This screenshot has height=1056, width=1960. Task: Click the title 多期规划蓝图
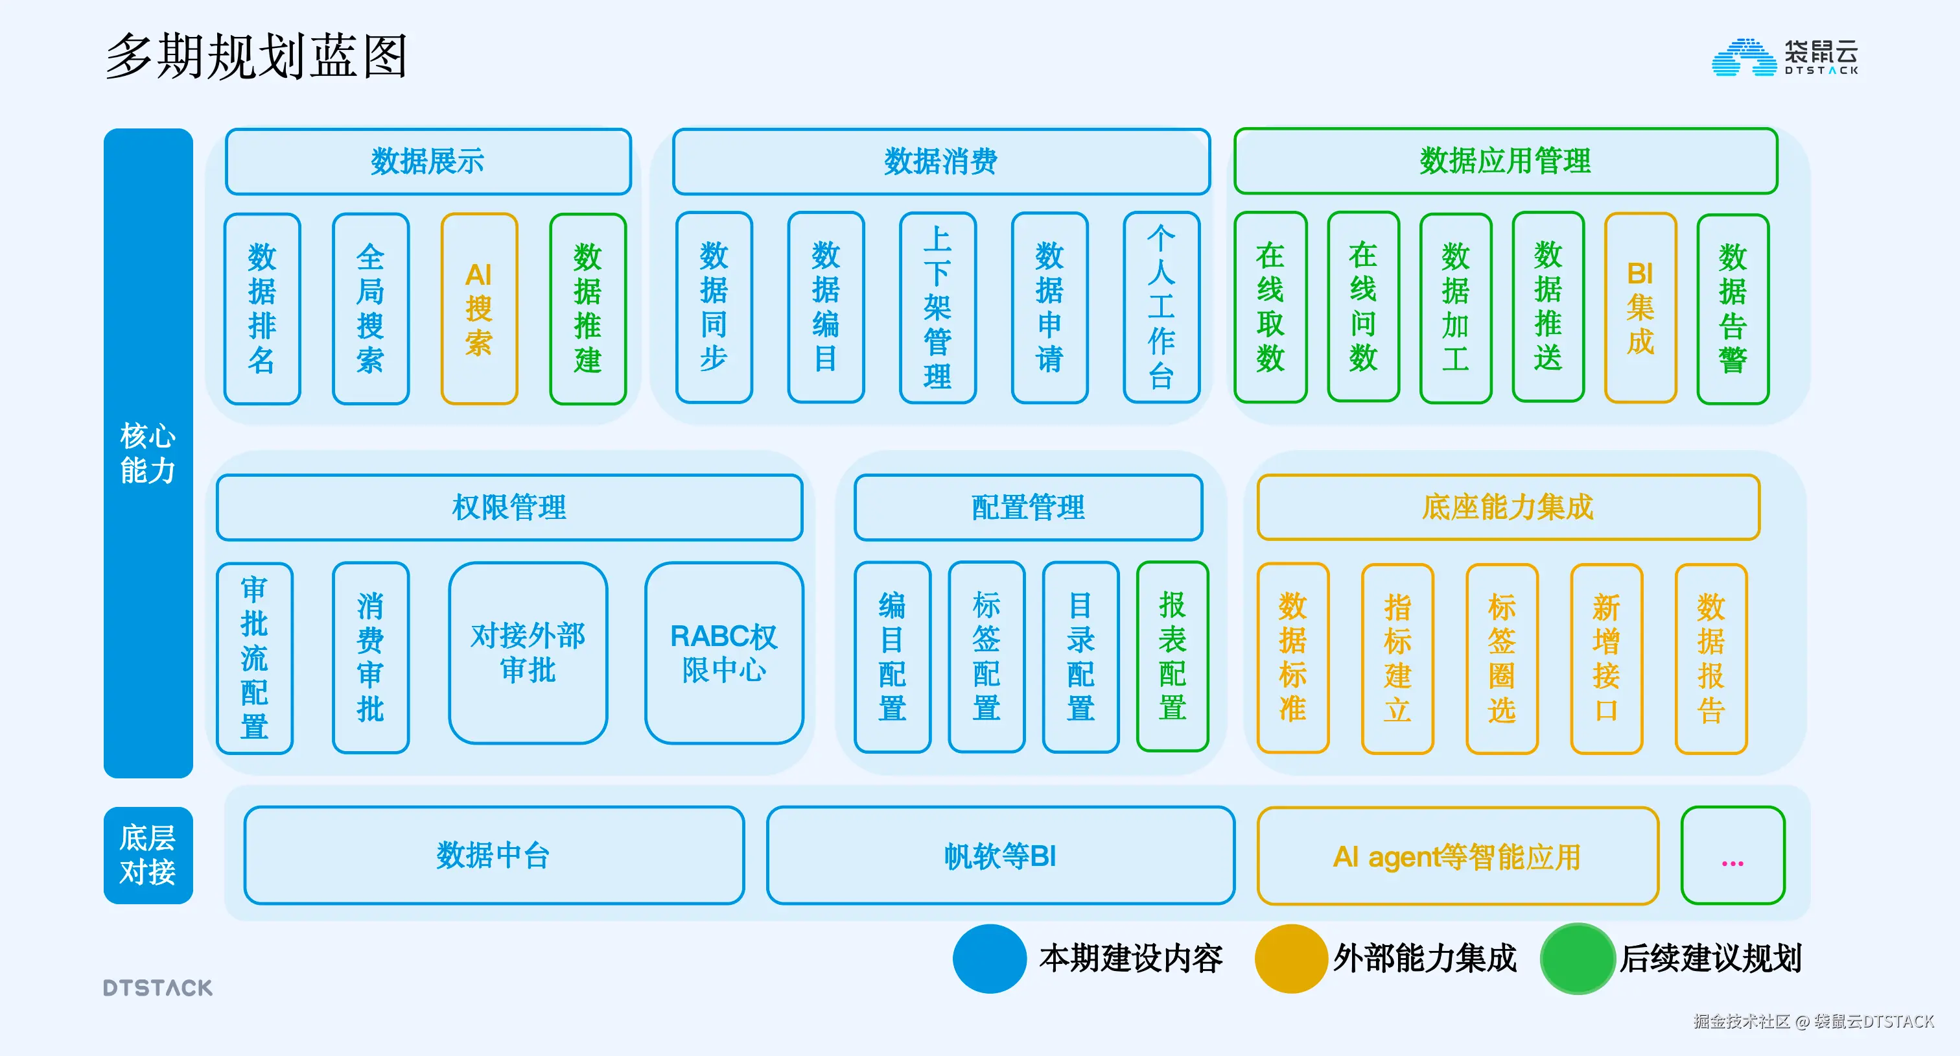257,56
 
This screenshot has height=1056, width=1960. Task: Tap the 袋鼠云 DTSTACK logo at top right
1784,57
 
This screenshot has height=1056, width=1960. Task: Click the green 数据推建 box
587,308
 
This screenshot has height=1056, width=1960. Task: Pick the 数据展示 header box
428,162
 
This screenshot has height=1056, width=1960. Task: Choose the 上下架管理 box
937,307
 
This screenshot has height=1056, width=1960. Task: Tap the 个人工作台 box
1161,307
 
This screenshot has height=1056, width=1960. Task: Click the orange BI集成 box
1640,307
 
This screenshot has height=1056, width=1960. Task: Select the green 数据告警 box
1732,308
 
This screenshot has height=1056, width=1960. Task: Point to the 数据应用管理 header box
1505,162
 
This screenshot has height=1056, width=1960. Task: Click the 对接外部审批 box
528,653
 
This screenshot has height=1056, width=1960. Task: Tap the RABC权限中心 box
723,653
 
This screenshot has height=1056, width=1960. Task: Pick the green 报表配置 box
1172,656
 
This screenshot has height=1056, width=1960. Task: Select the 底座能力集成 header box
1508,507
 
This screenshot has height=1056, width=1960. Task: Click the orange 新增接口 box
1606,658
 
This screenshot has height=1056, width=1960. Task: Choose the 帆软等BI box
1000,856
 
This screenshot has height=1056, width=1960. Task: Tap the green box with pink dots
1732,856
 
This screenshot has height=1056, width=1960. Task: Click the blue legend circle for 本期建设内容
989,959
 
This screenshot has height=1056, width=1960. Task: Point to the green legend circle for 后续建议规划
1578,959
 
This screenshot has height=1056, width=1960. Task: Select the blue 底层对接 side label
148,855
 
